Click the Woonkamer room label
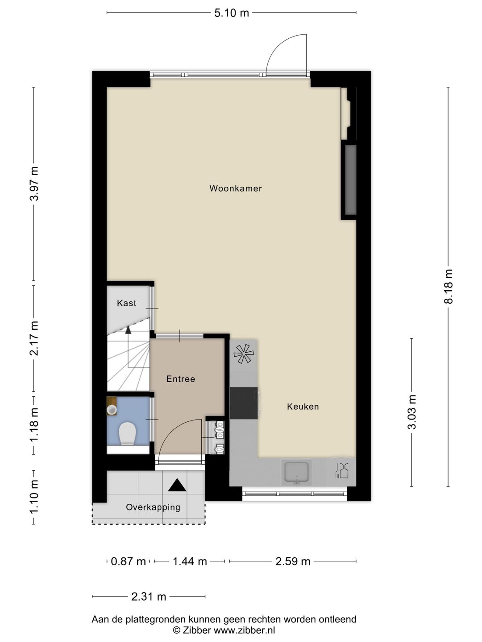point(236,189)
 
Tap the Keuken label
point(303,407)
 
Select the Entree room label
point(180,379)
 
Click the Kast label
point(126,303)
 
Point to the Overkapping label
point(153,507)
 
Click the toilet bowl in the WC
point(127,433)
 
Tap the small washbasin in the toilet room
point(112,409)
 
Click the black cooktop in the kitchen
point(244,403)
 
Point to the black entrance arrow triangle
point(177,486)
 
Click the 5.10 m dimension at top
point(231,13)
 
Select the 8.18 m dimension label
point(449,287)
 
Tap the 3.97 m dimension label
point(34,183)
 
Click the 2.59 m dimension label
point(293,561)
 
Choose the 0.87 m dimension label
point(128,561)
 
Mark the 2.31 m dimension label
point(149,597)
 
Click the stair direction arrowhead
point(128,330)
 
